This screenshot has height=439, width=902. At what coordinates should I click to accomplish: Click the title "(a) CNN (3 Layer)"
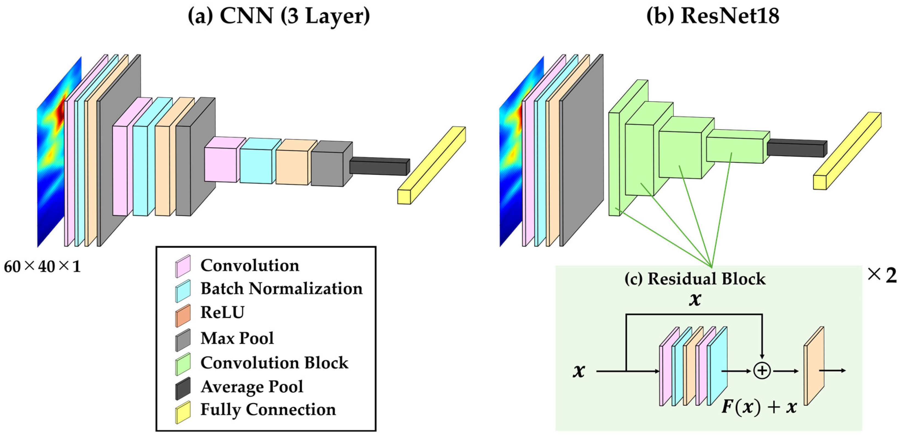pos(279,16)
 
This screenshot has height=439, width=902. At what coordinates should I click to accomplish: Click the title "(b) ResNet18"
pos(713,16)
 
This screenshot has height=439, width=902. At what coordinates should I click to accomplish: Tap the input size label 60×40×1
pos(42,267)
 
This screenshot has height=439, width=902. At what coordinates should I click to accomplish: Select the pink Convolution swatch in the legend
pos(183,266)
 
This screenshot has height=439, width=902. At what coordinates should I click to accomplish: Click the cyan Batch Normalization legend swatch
pos(183,291)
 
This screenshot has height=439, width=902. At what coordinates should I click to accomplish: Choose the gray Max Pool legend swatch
pos(183,340)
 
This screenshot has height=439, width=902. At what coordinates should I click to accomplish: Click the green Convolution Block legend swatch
pos(183,364)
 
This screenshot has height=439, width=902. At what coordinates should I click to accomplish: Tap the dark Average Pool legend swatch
pos(183,388)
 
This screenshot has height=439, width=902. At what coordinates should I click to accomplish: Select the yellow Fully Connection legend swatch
pos(183,412)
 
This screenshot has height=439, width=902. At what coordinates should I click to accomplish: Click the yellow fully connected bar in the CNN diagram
pos(431,165)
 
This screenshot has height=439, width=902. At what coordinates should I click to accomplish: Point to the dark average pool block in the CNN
pos(379,166)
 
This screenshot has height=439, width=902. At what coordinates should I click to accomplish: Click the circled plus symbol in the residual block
pos(762,371)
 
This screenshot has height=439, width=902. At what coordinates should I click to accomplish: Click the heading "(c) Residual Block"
pos(695,279)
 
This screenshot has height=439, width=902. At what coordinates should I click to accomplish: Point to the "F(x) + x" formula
pos(759,407)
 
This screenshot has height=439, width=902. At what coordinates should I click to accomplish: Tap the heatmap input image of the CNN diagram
pos(59,152)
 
